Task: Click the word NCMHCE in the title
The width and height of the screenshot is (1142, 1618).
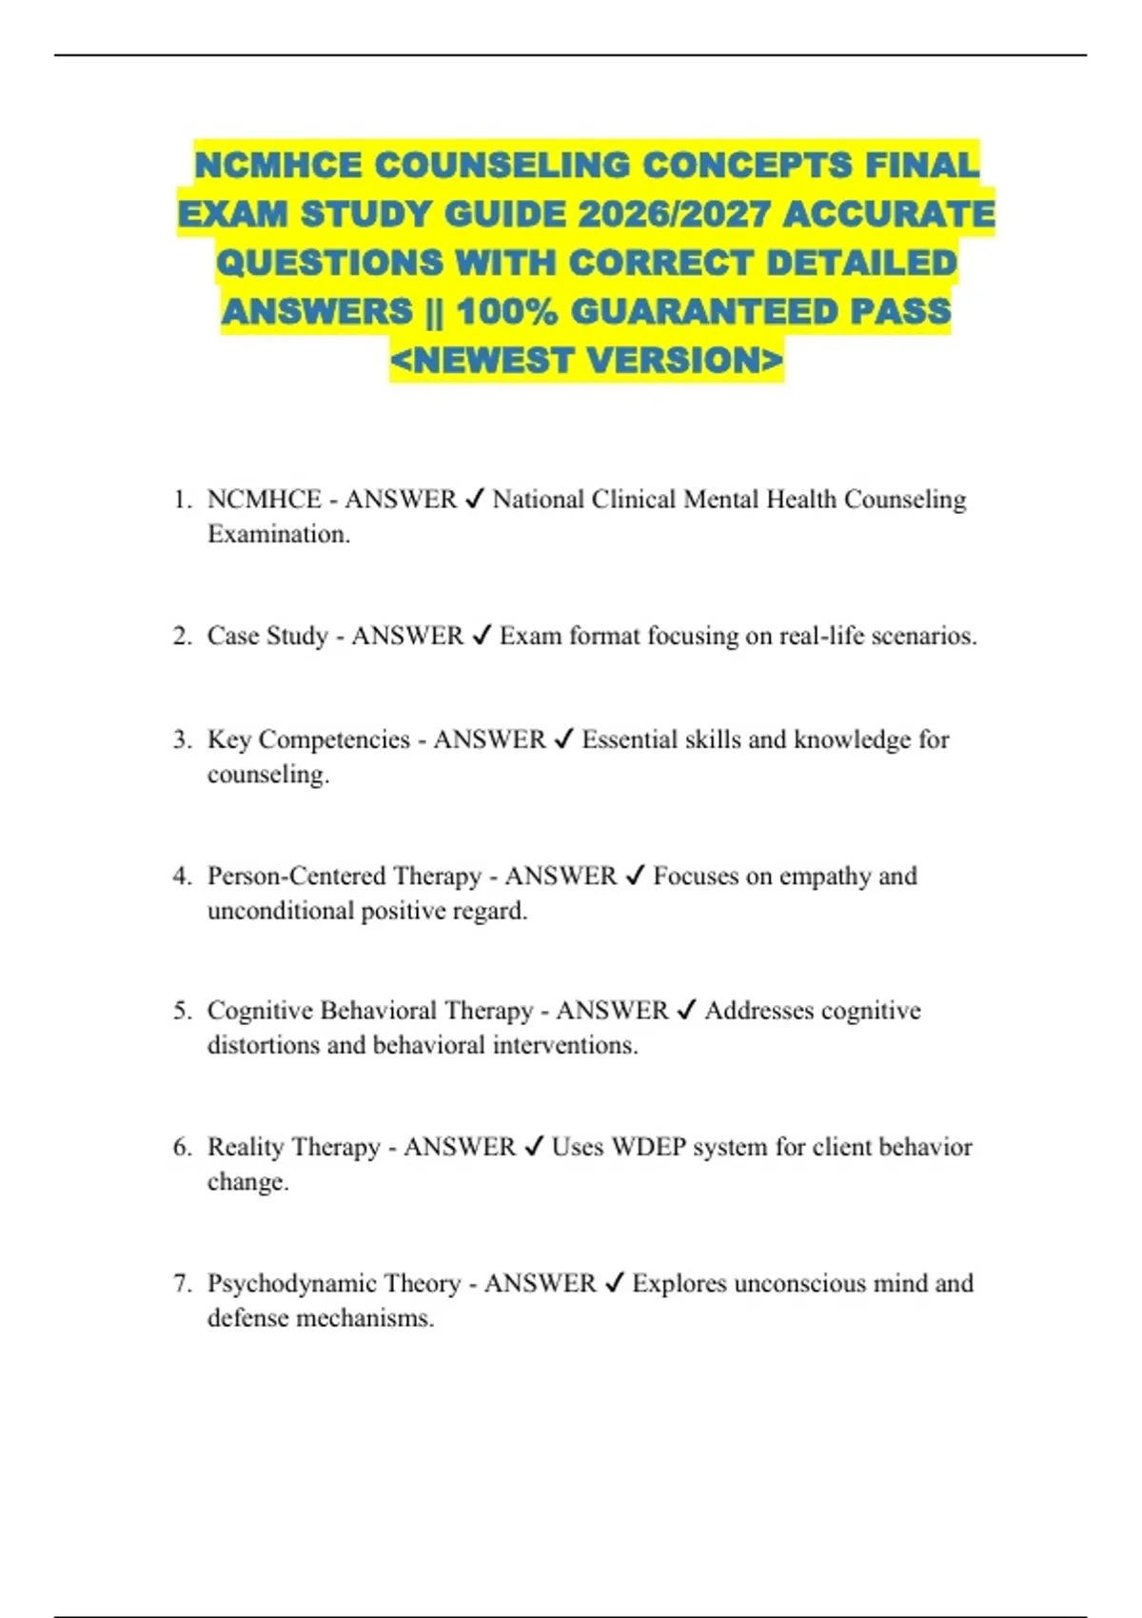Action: coord(278,165)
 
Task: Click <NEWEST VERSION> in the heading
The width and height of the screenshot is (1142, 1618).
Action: coord(586,361)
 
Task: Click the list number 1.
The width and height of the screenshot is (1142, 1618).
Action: coord(182,500)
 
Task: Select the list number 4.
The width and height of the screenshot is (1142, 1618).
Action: coord(182,876)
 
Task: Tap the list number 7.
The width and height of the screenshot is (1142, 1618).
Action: coord(182,1283)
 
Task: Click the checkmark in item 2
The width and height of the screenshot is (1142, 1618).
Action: coord(482,635)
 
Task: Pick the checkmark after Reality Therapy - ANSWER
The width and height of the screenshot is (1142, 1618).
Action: coord(534,1147)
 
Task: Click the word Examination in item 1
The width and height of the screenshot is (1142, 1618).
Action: coord(277,534)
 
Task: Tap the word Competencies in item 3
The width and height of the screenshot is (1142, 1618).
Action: coord(334,740)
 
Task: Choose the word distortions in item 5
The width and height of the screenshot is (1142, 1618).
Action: coord(263,1045)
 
